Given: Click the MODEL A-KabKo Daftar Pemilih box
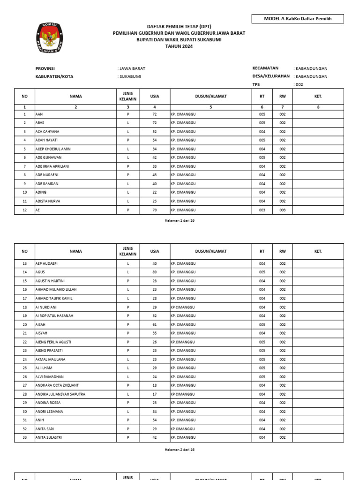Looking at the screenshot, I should (x=298, y=19).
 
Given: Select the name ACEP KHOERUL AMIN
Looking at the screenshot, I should (x=53, y=149).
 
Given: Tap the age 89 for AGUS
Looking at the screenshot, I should (x=155, y=272).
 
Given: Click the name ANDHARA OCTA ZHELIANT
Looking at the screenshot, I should (x=57, y=385).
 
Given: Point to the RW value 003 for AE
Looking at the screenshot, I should (x=283, y=210).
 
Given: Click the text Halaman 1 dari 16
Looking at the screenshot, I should (x=180, y=220).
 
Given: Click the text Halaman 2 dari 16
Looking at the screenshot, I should (x=180, y=450).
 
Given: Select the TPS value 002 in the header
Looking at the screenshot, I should (x=299, y=85).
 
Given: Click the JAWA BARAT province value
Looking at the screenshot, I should (x=132, y=68).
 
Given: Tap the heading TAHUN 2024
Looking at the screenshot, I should (x=179, y=46).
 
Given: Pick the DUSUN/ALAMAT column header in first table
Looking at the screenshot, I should (x=211, y=97).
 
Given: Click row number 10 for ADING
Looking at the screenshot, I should (x=24, y=192).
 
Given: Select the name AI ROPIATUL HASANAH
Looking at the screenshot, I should (x=54, y=316).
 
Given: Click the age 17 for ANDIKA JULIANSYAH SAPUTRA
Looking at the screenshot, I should (x=155, y=394).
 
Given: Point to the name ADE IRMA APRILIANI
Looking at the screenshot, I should (x=52, y=166).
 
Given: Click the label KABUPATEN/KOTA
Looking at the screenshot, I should (x=54, y=76).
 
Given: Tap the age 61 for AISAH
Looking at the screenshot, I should (x=155, y=324).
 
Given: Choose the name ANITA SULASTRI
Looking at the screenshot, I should (x=49, y=438).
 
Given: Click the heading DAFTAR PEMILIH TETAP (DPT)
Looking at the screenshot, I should (x=179, y=27).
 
